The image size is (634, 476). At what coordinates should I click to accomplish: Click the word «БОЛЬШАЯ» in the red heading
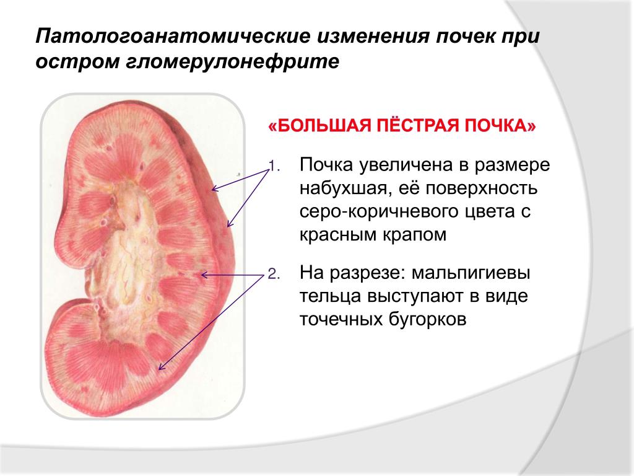click(x=324, y=126)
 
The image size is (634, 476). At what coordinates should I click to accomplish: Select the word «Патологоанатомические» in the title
click(x=173, y=37)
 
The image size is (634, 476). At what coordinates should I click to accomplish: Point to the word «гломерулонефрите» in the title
click(x=233, y=62)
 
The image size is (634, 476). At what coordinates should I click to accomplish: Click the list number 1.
click(x=274, y=166)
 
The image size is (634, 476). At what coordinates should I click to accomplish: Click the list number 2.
click(x=274, y=275)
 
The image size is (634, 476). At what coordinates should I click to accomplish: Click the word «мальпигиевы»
click(x=471, y=273)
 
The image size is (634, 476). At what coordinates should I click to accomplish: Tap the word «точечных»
click(x=341, y=320)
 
